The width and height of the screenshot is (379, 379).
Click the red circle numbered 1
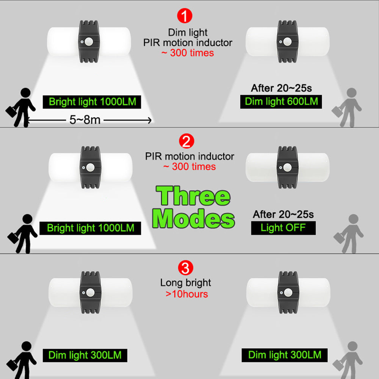pyautogui.click(x=185, y=16)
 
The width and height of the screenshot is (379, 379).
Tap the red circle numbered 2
pyautogui.click(x=186, y=141)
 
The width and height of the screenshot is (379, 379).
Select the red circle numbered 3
pyautogui.click(x=185, y=268)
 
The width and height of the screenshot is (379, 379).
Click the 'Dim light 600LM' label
pyautogui.click(x=281, y=102)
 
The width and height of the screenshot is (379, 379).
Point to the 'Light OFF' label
pyautogui.click(x=283, y=228)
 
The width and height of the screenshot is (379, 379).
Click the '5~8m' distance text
pyautogui.click(x=85, y=120)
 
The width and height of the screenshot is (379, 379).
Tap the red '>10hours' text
pyautogui.click(x=186, y=294)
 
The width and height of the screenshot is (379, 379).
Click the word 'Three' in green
pyautogui.click(x=193, y=196)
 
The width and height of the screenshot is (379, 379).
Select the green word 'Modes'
pyautogui.click(x=193, y=219)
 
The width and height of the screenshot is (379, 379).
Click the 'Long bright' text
pyautogui.click(x=186, y=283)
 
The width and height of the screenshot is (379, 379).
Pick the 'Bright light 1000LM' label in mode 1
pyautogui.click(x=92, y=102)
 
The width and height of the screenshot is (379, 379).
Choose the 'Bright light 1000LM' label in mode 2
pyautogui.click(x=90, y=228)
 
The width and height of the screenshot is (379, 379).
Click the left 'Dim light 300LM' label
pyautogui.click(x=85, y=356)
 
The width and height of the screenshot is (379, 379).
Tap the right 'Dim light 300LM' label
pyautogui.click(x=285, y=355)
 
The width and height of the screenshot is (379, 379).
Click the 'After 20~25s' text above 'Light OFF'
pyautogui.click(x=283, y=215)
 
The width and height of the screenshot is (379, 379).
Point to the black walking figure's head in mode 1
pyautogui.click(x=25, y=93)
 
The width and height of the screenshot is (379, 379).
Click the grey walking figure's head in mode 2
pyautogui.click(x=353, y=219)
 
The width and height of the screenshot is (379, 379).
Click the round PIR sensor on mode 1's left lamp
pyautogui.click(x=89, y=42)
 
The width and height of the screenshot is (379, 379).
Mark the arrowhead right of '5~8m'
pyautogui.click(x=150, y=120)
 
